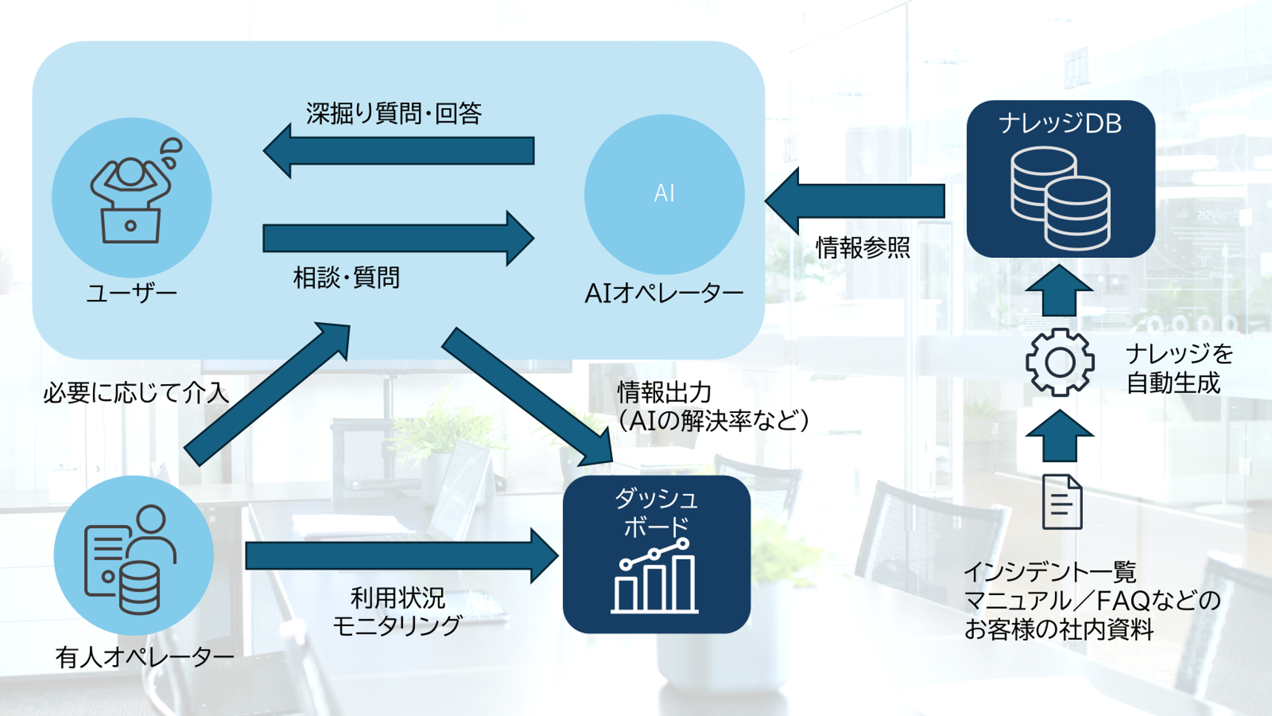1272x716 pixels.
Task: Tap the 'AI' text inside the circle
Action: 664,193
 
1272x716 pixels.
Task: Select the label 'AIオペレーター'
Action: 664,293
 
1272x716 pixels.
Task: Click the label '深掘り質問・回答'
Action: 394,113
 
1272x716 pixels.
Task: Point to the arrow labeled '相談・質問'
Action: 397,239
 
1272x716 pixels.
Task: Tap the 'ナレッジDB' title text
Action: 1060,123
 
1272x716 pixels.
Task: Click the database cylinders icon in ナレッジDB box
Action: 1060,198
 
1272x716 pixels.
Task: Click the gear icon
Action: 1059,362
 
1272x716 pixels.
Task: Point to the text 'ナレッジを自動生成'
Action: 1178,369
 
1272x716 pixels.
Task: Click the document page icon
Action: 1062,502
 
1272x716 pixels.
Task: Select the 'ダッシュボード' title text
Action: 656,513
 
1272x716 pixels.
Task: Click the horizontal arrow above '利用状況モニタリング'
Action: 400,556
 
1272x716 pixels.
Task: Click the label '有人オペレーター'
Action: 144,657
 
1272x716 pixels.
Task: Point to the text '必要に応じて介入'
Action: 136,393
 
